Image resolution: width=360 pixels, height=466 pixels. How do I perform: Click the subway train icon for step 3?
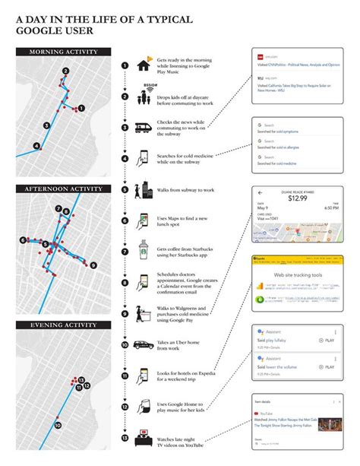coord(144,128)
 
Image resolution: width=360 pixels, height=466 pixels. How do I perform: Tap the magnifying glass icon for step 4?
coord(144,157)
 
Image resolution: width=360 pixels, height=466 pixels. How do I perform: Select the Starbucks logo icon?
coord(144,251)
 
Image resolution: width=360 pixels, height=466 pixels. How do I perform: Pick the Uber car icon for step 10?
coord(144,344)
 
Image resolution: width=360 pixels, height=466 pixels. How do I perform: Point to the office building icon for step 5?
coord(144,190)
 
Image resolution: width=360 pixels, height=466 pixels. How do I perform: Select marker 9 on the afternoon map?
coord(93,265)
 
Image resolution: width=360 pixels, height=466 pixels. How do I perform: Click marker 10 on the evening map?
coord(58,426)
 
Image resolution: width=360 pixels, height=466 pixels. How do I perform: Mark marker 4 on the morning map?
coord(36,146)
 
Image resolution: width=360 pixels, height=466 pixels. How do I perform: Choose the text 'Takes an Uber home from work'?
coord(182,344)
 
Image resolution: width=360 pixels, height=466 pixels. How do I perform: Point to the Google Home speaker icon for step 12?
coord(144,407)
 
